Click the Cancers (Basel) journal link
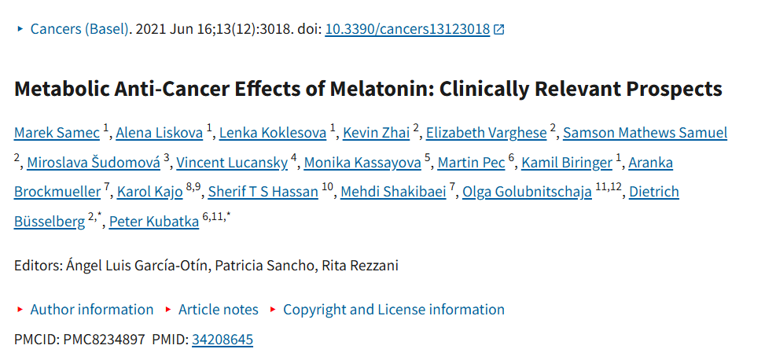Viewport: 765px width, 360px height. [x=80, y=29]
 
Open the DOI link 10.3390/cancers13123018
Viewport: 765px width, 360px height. [x=407, y=29]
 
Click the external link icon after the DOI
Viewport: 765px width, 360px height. [x=498, y=30]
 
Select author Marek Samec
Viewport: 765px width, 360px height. [x=57, y=133]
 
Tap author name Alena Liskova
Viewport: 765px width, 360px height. [x=159, y=133]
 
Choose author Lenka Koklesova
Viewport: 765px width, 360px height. [x=273, y=133]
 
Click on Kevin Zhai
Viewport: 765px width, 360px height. [x=376, y=133]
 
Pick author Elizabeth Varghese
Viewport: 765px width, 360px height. [x=487, y=133]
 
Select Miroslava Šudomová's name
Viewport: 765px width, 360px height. [x=94, y=163]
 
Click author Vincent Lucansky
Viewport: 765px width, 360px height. [x=232, y=163]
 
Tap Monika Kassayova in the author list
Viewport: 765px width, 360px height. [x=362, y=163]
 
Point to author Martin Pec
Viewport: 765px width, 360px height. [x=471, y=163]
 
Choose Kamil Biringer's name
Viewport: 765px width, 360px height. [x=566, y=163]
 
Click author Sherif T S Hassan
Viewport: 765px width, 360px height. [x=263, y=193]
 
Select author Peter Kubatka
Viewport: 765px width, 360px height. [x=154, y=222]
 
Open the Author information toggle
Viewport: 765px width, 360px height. [x=92, y=310]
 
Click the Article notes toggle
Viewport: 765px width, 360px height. [x=218, y=310]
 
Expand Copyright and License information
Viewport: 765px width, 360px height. [x=394, y=310]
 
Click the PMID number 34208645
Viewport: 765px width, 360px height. [x=223, y=340]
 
